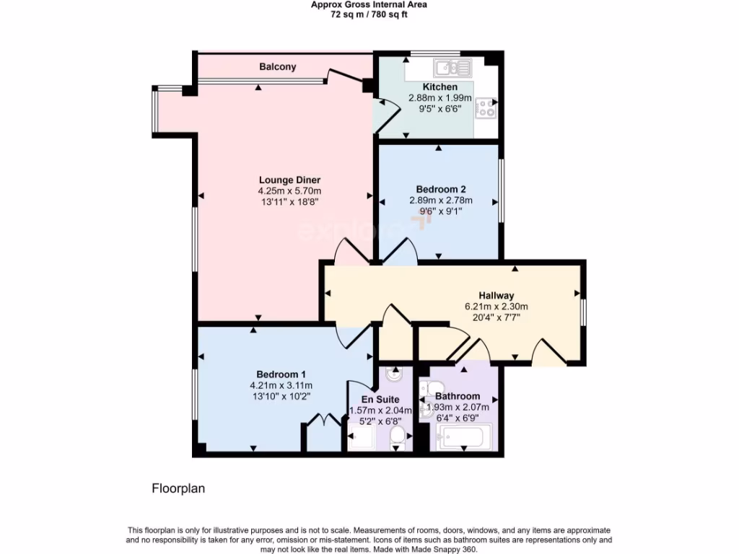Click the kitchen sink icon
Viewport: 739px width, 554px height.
(452, 69)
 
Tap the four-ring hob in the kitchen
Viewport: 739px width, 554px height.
(485, 109)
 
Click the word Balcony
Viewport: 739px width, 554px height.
(278, 66)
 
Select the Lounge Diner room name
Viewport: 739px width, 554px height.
(289, 180)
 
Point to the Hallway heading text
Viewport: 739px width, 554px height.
(497, 295)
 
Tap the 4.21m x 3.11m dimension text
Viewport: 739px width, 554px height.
(281, 385)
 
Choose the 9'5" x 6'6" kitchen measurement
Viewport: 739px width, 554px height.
(440, 109)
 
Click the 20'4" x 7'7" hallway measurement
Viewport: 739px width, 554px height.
(497, 317)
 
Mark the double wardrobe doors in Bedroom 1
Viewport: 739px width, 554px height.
(320, 421)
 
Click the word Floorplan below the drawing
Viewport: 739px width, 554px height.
(178, 488)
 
